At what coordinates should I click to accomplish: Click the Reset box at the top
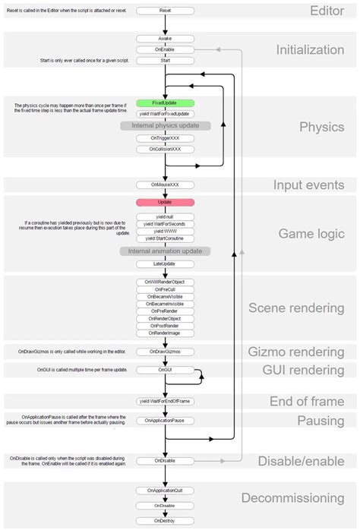click(166, 11)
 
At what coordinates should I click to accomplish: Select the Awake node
click(166, 38)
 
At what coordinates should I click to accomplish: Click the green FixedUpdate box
click(166, 103)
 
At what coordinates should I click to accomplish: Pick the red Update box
click(166, 203)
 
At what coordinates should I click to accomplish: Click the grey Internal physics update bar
click(166, 125)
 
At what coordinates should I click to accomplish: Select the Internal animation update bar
click(166, 250)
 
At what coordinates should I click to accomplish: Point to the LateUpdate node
click(166, 263)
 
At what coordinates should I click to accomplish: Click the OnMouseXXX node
click(166, 185)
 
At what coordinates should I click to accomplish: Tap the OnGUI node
click(166, 370)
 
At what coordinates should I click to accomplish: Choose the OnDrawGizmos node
click(166, 352)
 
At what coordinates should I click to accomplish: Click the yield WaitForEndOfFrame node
click(166, 400)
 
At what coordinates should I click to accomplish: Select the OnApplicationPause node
click(166, 420)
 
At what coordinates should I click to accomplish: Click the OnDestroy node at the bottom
click(166, 520)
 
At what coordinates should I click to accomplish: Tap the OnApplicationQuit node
click(166, 491)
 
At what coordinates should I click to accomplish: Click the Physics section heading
click(322, 127)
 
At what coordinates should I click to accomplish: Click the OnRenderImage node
click(166, 333)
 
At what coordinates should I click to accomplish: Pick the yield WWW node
click(166, 231)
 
